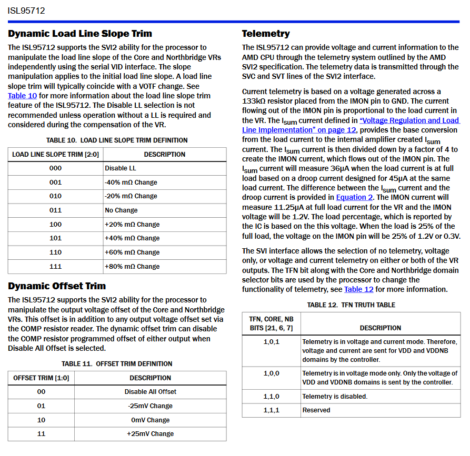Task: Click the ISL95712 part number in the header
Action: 26,10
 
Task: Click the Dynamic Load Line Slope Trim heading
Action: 80,34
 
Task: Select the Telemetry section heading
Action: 266,34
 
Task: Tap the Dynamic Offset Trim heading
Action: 57,286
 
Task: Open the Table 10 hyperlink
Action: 22,96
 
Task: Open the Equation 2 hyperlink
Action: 354,197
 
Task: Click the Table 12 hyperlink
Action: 358,289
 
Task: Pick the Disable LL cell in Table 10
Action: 121,168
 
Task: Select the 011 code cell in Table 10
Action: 55,210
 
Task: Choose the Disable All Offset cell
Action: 151,392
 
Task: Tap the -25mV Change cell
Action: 151,406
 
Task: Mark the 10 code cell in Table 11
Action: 41,420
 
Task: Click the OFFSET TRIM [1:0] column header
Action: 41,378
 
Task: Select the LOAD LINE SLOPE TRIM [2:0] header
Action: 55,155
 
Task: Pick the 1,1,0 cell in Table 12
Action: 272,397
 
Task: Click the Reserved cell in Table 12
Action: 316,410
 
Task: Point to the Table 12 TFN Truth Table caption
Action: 351,305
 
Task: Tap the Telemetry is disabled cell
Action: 335,397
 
